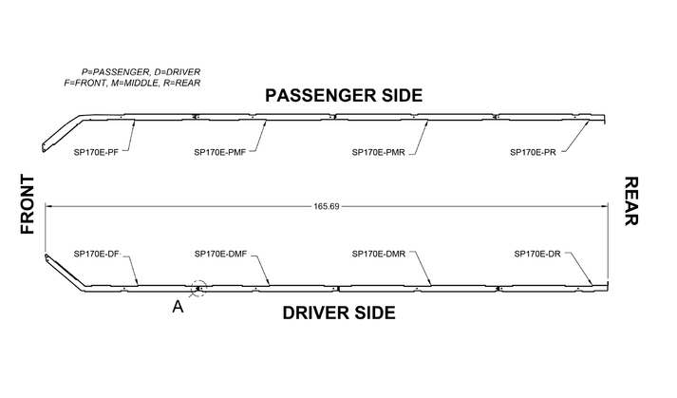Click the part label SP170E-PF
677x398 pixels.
[x=96, y=152]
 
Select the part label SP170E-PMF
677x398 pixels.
[x=220, y=152]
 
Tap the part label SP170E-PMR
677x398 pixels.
[x=378, y=152]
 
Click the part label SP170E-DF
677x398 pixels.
[x=96, y=254]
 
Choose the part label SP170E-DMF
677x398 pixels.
[x=220, y=254]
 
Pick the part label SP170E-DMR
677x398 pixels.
[x=378, y=254]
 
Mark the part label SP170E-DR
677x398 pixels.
[x=537, y=254]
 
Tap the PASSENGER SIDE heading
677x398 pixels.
[x=343, y=96]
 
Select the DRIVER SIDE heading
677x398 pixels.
[x=339, y=313]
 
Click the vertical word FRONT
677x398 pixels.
[x=27, y=204]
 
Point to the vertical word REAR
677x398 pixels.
[x=630, y=201]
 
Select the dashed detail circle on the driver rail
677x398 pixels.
[x=197, y=287]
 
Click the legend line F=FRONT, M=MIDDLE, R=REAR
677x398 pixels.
[x=132, y=83]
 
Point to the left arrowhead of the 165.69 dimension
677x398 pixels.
[x=49, y=206]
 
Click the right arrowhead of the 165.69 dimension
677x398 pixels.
[x=605, y=206]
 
